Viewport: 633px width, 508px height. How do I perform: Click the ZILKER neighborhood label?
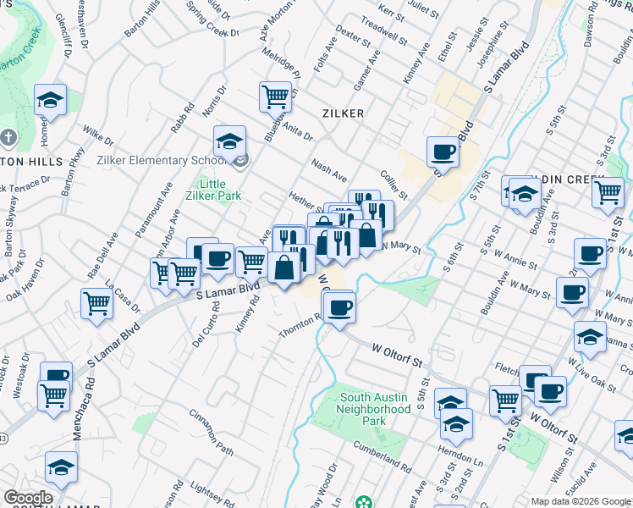pyautogui.click(x=343, y=113)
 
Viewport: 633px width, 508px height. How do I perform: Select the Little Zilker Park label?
pyautogui.click(x=220, y=189)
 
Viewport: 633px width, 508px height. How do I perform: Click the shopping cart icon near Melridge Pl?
pyautogui.click(x=275, y=97)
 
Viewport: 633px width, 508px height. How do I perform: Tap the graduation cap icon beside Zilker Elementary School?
pyautogui.click(x=228, y=143)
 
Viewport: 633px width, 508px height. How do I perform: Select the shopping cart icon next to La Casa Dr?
pyautogui.click(x=97, y=302)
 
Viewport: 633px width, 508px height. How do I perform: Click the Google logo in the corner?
pyautogui.click(x=28, y=497)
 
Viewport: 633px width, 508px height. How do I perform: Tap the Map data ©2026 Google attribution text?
pyautogui.click(x=580, y=501)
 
